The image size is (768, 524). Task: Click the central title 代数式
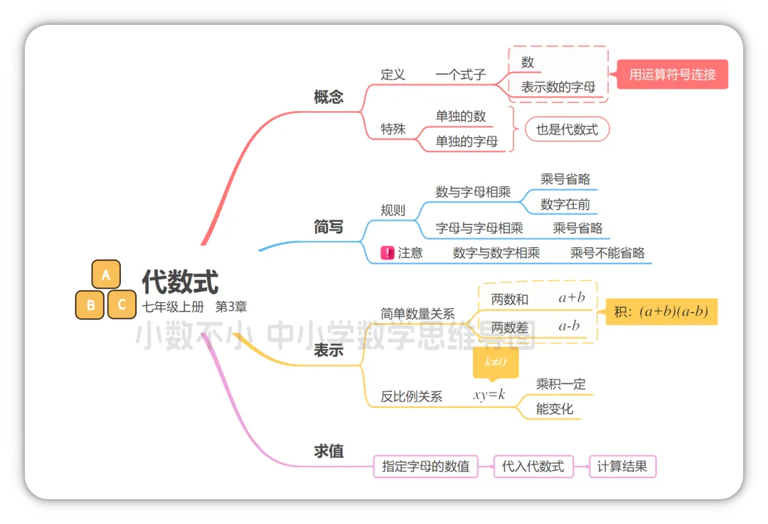pos(180,282)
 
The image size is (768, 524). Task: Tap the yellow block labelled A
pos(106,275)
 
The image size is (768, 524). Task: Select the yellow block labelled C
pos(122,305)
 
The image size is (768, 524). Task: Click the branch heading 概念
pos(329,97)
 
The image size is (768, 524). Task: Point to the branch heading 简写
pos(329,227)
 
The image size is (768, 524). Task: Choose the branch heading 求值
pos(329,451)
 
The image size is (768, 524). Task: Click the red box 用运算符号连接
pos(672,74)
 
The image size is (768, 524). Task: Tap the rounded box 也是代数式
pos(567,129)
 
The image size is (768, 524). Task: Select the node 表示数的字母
pos(558,87)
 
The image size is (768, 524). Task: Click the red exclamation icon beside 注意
pos(388,252)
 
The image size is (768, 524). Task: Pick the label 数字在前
pos(565,205)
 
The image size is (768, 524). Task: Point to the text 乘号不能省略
pos(607,252)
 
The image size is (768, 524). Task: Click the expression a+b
pos(572,298)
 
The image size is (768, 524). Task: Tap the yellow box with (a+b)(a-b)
pos(661,311)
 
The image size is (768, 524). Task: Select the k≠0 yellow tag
pos(496,363)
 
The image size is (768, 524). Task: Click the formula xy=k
pos(489,395)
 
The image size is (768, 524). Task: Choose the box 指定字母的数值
pos(425,466)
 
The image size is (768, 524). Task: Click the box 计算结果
pos(622,466)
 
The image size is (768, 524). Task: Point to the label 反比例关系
pos(411,397)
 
